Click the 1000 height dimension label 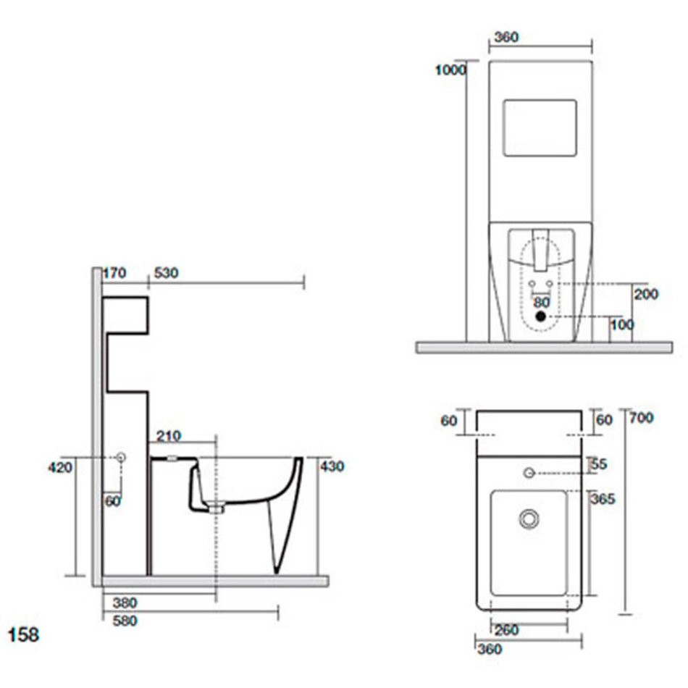click(450, 70)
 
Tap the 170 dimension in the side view click(114, 273)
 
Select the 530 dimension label click(167, 273)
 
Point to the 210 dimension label click(169, 436)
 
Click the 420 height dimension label click(60, 467)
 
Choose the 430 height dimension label click(332, 466)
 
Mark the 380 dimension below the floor click(125, 603)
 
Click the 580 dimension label click(125, 621)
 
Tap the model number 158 click(24, 634)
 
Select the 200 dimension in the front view click(646, 294)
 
